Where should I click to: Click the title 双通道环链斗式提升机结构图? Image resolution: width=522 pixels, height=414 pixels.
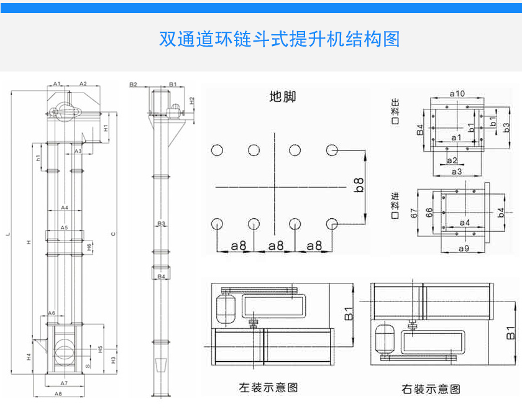[x=279, y=40]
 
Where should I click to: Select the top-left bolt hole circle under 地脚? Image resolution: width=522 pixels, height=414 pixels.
[x=217, y=150]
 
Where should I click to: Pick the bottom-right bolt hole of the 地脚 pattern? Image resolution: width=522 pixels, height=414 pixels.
[x=332, y=223]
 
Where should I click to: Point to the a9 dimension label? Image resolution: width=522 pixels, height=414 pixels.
[x=464, y=249]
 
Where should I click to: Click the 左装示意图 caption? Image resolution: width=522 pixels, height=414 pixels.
[x=268, y=387]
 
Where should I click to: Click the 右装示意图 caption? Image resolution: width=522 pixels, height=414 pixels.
[x=431, y=389]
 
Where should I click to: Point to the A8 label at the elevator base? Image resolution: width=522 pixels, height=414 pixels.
[x=58, y=394]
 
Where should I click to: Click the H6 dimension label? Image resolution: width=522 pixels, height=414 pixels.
[x=90, y=247]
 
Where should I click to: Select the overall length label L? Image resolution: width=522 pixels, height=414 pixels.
[x=7, y=234]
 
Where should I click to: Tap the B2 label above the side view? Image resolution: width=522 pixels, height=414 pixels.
[x=133, y=83]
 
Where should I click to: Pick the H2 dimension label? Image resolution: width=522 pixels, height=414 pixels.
[x=192, y=99]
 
